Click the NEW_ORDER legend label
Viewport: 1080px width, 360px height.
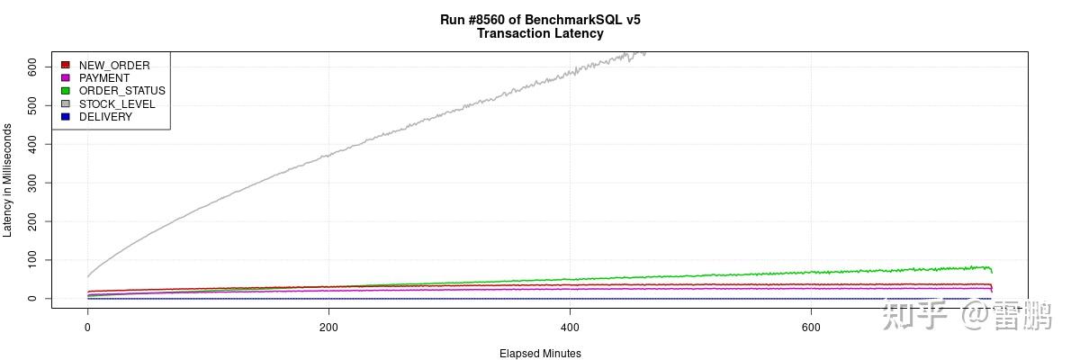114,66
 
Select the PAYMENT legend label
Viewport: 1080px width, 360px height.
104,78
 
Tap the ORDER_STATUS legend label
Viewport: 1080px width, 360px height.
121,91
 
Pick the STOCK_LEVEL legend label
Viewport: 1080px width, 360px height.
117,104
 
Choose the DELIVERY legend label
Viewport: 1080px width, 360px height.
105,117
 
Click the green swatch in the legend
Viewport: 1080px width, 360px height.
66,91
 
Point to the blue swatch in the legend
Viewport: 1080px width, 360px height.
66,117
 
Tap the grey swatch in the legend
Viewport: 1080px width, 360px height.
66,104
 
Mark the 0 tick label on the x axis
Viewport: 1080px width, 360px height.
87,328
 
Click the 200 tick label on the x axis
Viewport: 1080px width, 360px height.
328,328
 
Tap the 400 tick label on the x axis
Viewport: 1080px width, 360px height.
570,328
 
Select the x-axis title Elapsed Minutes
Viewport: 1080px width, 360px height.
540,354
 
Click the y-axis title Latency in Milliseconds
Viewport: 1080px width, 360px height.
8,180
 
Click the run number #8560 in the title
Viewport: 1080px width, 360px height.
492,19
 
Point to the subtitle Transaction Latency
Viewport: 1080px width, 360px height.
540,33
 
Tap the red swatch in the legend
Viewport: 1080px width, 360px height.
66,66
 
